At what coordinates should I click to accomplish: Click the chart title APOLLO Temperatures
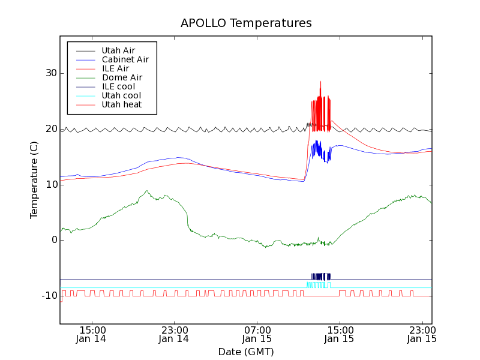(246, 23)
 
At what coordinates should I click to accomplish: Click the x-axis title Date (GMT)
(246, 352)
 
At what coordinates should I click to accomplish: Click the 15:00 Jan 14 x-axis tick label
(92, 334)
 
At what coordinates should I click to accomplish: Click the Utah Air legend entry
(118, 50)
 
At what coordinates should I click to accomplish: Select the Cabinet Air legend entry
(125, 59)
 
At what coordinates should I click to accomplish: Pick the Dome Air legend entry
(122, 77)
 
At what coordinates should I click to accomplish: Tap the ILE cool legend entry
(118, 86)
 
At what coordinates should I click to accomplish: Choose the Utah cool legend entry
(121, 95)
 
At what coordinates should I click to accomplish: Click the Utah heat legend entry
(121, 104)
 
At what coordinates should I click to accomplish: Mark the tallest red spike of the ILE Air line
(320, 82)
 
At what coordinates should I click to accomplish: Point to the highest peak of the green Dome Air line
(146, 191)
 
